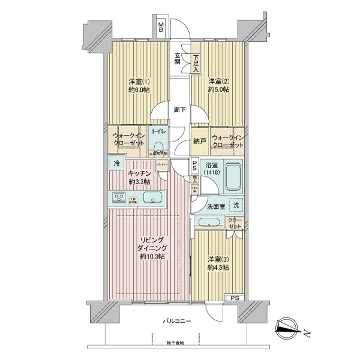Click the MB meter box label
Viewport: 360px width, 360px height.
point(161,27)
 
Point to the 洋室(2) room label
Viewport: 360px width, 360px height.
point(218,85)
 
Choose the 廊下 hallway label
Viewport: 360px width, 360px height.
point(179,110)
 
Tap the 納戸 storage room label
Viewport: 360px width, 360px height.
point(200,142)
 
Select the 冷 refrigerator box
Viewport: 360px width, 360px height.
point(115,162)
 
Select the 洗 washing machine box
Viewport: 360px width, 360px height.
point(236,205)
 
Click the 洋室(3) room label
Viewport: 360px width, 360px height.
point(219,263)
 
